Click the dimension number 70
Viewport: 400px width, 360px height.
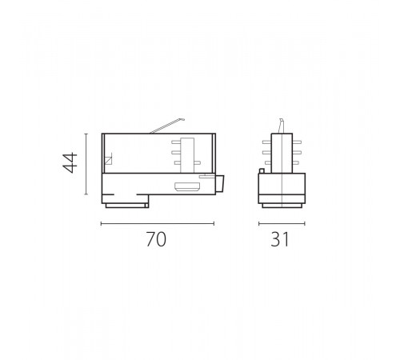[x=157, y=239]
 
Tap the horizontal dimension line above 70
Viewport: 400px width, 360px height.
[x=157, y=223]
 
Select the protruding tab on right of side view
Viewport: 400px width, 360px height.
[x=221, y=185]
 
